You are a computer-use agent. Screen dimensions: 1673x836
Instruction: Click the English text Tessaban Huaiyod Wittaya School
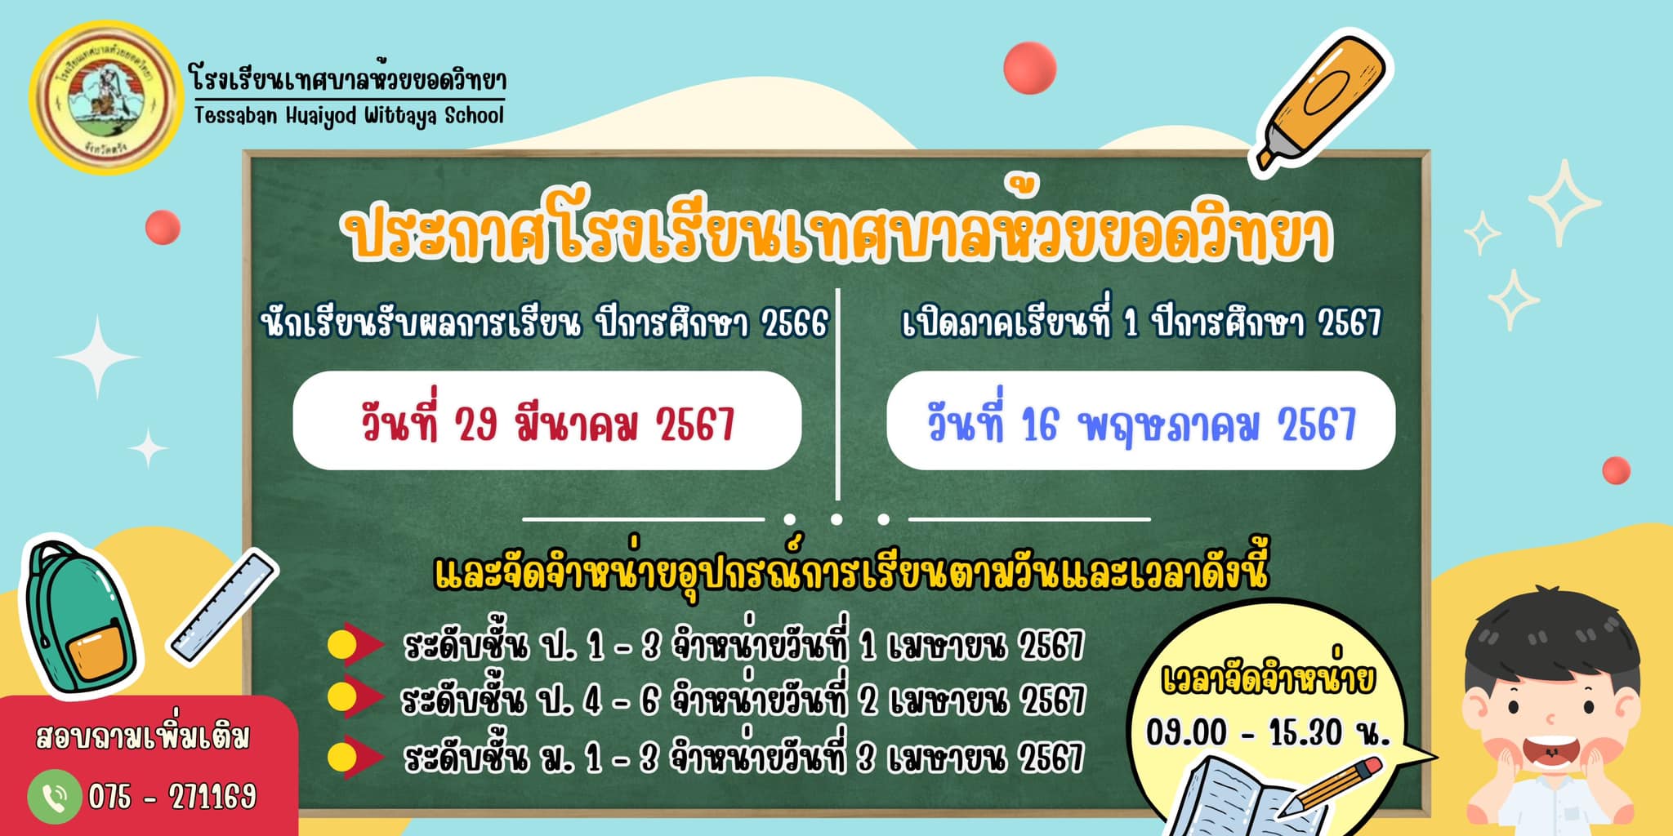tap(349, 116)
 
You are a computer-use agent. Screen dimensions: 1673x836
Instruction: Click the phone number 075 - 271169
tap(172, 796)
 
